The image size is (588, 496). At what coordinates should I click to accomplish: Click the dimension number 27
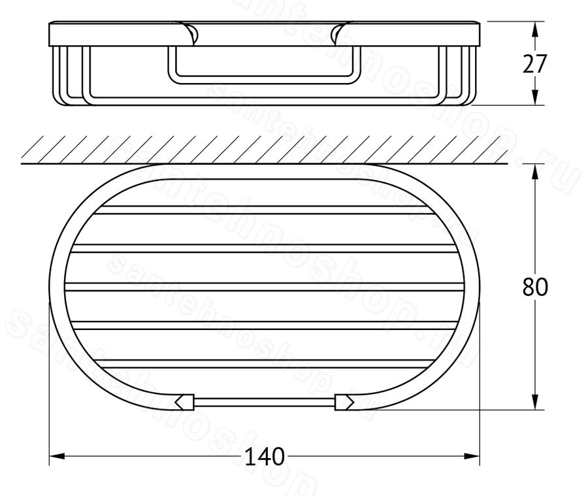tap(535, 64)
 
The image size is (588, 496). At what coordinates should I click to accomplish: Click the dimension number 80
tap(535, 287)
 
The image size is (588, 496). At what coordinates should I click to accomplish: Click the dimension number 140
tap(265, 457)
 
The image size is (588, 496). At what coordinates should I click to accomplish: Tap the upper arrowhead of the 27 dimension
tap(535, 29)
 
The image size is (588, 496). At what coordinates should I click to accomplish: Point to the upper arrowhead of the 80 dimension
tap(535, 172)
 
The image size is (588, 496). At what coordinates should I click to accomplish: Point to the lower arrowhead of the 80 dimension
tap(535, 402)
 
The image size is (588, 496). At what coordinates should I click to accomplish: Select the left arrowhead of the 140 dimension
tap(57, 456)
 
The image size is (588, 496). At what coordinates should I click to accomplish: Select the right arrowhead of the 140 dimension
tap(472, 456)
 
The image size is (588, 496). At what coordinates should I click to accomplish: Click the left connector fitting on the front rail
tap(184, 402)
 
